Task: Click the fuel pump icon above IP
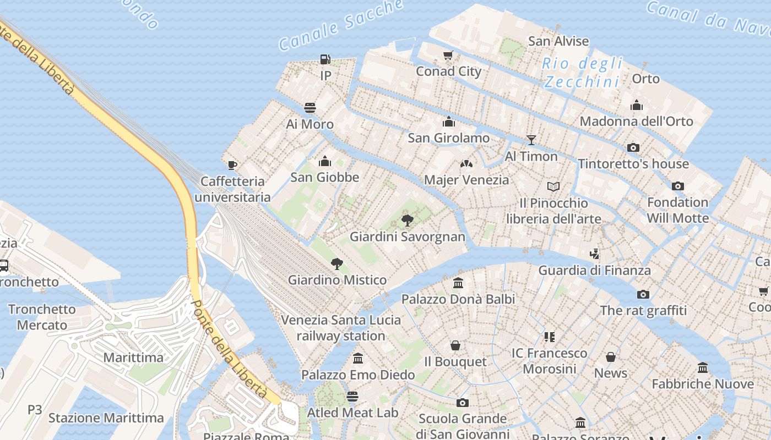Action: tap(325, 59)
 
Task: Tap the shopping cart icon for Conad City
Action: tap(448, 55)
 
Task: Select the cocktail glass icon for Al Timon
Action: tap(531, 140)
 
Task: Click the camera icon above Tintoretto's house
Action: tap(633, 147)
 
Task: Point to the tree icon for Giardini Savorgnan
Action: tap(408, 221)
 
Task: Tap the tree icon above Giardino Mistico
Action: tap(337, 264)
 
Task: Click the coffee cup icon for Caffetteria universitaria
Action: tap(232, 165)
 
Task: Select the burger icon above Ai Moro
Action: tap(310, 107)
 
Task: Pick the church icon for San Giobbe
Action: tap(325, 161)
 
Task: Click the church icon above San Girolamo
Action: tap(449, 122)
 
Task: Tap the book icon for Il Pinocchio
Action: tap(553, 187)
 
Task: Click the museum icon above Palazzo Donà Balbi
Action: tap(458, 283)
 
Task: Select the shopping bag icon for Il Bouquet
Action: tap(455, 345)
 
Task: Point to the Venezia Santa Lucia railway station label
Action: tap(341, 328)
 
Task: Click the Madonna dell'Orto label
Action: tap(636, 121)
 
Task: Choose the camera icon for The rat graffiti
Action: tap(643, 294)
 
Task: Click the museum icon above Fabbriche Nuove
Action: tap(703, 367)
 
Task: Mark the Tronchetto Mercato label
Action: tap(42, 317)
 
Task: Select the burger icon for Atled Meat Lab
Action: tap(352, 397)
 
